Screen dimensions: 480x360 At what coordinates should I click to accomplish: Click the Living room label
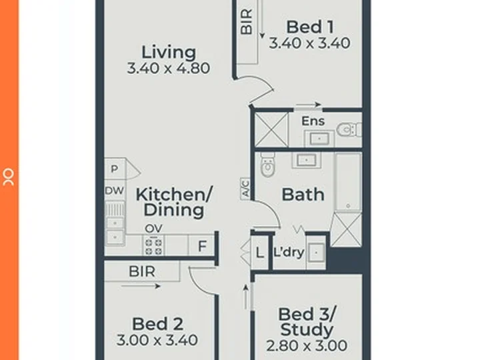(169, 53)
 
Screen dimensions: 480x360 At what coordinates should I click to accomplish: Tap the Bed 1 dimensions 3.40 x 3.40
(309, 43)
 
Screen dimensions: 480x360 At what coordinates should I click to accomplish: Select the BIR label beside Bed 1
(247, 21)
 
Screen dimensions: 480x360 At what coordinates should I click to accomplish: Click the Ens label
(313, 121)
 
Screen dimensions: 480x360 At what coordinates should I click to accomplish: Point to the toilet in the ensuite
(349, 130)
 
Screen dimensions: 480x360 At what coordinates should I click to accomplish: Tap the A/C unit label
(245, 189)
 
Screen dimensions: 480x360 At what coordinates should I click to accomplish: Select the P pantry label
(115, 169)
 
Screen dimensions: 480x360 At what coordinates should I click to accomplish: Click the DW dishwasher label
(115, 191)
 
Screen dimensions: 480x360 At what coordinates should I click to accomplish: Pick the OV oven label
(154, 229)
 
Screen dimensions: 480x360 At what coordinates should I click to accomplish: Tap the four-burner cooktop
(153, 247)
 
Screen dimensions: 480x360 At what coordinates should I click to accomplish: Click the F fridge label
(203, 247)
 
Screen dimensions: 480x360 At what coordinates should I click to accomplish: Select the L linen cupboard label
(259, 253)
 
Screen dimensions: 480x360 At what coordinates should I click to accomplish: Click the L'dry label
(289, 252)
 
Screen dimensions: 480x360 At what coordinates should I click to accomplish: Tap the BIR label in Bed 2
(142, 271)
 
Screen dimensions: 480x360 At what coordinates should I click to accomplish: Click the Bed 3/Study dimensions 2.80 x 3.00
(307, 345)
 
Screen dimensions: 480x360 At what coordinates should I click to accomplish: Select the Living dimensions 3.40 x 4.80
(169, 68)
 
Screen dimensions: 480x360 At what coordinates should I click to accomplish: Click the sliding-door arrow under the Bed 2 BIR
(141, 286)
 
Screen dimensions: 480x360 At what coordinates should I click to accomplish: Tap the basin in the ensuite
(319, 139)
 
